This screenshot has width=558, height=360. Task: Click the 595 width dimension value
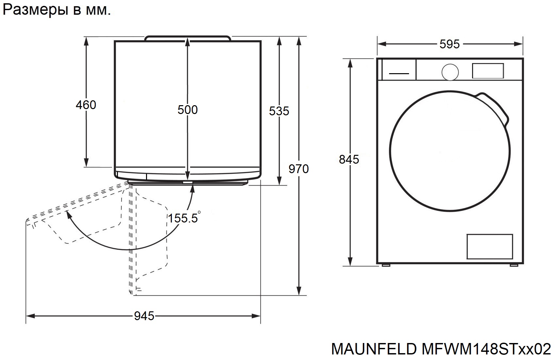click(x=450, y=44)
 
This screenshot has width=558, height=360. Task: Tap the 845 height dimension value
click(x=349, y=159)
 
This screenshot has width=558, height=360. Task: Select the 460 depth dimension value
click(x=86, y=105)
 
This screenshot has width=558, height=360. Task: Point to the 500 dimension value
click(x=188, y=110)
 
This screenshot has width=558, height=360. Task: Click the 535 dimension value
click(x=279, y=111)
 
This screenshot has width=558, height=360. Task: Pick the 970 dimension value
click(x=299, y=169)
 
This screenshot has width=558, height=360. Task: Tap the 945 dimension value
click(x=144, y=316)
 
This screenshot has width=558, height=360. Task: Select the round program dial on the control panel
click(x=450, y=72)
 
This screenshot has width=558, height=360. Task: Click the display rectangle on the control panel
click(x=488, y=71)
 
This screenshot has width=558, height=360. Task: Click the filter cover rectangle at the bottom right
click(x=489, y=246)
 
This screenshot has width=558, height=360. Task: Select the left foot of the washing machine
click(x=386, y=265)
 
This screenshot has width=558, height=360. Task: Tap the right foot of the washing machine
click(x=514, y=265)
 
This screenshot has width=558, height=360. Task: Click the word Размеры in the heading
click(x=35, y=10)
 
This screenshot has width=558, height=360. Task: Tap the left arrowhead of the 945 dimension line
click(x=30, y=316)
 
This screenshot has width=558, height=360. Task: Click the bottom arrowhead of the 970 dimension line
click(x=299, y=291)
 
